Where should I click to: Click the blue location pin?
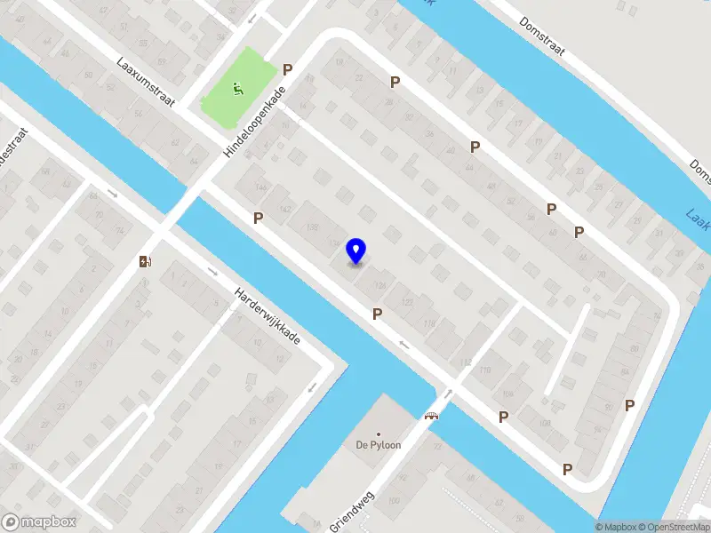point(356,251)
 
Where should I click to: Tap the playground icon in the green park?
point(237,88)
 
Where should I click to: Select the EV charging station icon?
point(145,261)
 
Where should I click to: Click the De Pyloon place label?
point(378,445)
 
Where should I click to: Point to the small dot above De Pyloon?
point(378,434)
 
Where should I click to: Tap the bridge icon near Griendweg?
point(433,415)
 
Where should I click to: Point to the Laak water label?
point(698,216)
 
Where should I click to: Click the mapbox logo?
point(39,522)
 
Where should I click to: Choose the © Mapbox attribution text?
point(616,527)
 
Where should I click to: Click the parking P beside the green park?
point(287,69)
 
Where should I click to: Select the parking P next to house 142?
point(259,218)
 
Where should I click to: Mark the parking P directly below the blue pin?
point(378,314)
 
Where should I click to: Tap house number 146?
point(260,187)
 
